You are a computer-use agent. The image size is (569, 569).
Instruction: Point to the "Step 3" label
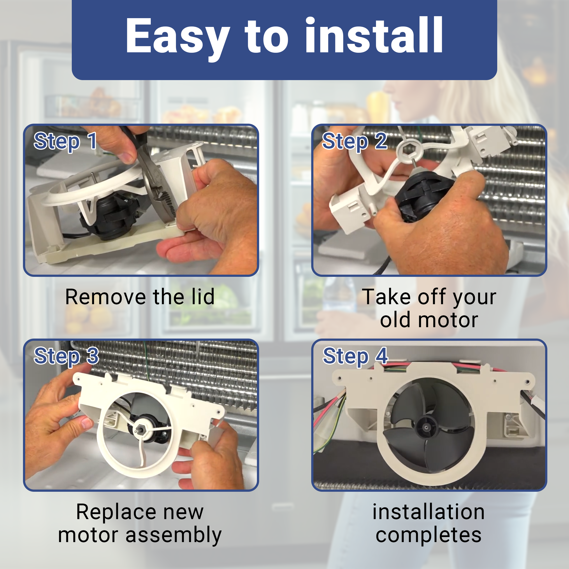[66, 356]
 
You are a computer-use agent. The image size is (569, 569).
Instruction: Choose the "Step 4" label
[355, 356]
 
